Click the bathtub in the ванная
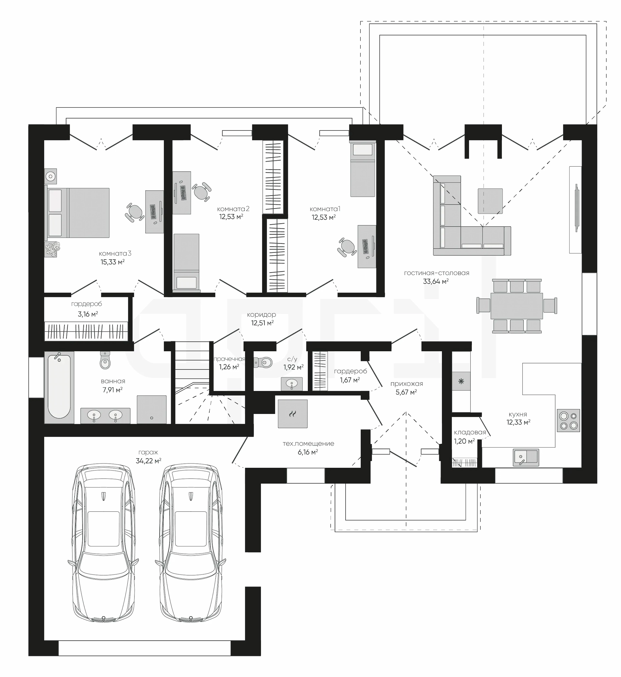59,387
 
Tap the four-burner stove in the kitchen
568,420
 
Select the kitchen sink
526,457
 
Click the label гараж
148,453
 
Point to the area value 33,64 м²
436,281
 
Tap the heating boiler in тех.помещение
293,414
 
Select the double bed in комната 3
78,213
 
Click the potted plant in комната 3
52,249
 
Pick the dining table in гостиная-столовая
517,306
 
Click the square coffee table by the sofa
490,201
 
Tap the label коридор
261,315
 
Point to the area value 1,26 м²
229,367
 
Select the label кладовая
470,432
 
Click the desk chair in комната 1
347,247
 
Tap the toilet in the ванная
105,360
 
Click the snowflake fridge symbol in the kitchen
461,381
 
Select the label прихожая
407,384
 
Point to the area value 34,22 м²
148,461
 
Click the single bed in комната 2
187,262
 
